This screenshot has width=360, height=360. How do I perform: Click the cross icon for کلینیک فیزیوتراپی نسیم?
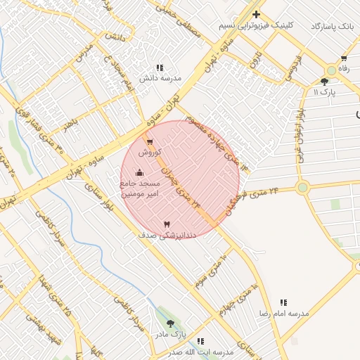click(x=257, y=14)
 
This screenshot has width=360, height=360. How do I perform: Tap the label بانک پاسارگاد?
click(x=333, y=26)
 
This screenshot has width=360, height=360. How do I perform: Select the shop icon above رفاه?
click(x=344, y=58)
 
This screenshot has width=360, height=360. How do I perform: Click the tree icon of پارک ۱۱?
click(x=324, y=82)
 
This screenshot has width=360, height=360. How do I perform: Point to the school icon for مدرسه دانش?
click(x=160, y=67)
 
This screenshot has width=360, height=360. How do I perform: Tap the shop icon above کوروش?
click(x=150, y=142)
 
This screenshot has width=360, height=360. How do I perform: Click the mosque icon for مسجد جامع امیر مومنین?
click(x=139, y=172)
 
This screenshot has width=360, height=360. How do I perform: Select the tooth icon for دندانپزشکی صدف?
click(x=167, y=224)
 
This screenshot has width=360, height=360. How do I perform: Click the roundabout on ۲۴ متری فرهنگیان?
click(x=302, y=187)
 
